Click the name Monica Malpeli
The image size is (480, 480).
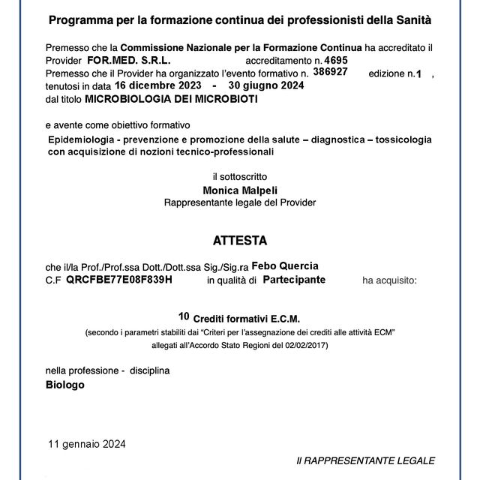click(x=240, y=190)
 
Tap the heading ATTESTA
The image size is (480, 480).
click(x=240, y=241)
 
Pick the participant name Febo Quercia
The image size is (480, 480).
click(x=285, y=266)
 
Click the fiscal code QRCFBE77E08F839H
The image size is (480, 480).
click(x=119, y=280)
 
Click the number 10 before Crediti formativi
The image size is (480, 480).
click(x=184, y=316)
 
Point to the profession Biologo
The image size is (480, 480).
click(x=65, y=384)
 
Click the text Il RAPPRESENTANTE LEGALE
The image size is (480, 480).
click(x=365, y=460)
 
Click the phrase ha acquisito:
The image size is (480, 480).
click(x=390, y=280)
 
